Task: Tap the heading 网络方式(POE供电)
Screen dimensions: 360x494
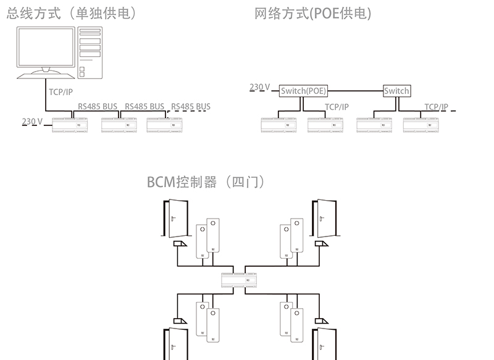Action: pyautogui.click(x=313, y=14)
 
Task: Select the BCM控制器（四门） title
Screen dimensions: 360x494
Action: pyautogui.click(x=206, y=182)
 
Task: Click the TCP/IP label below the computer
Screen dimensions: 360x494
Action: pyautogui.click(x=61, y=92)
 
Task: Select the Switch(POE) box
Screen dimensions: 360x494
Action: pyautogui.click(x=303, y=91)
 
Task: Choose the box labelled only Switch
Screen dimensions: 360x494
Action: pyautogui.click(x=396, y=91)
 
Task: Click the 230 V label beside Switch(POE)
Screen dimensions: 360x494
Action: pyautogui.click(x=259, y=87)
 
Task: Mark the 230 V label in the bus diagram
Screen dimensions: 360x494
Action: pyautogui.click(x=31, y=121)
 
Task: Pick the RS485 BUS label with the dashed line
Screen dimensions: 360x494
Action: pyautogui.click(x=191, y=106)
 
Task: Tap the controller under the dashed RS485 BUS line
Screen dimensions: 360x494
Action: pyautogui.click(x=165, y=124)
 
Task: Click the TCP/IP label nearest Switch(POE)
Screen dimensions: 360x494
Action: pyautogui.click(x=337, y=107)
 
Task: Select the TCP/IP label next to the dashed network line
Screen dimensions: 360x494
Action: pyautogui.click(x=436, y=107)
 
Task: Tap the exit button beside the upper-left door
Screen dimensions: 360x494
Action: pyautogui.click(x=180, y=245)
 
